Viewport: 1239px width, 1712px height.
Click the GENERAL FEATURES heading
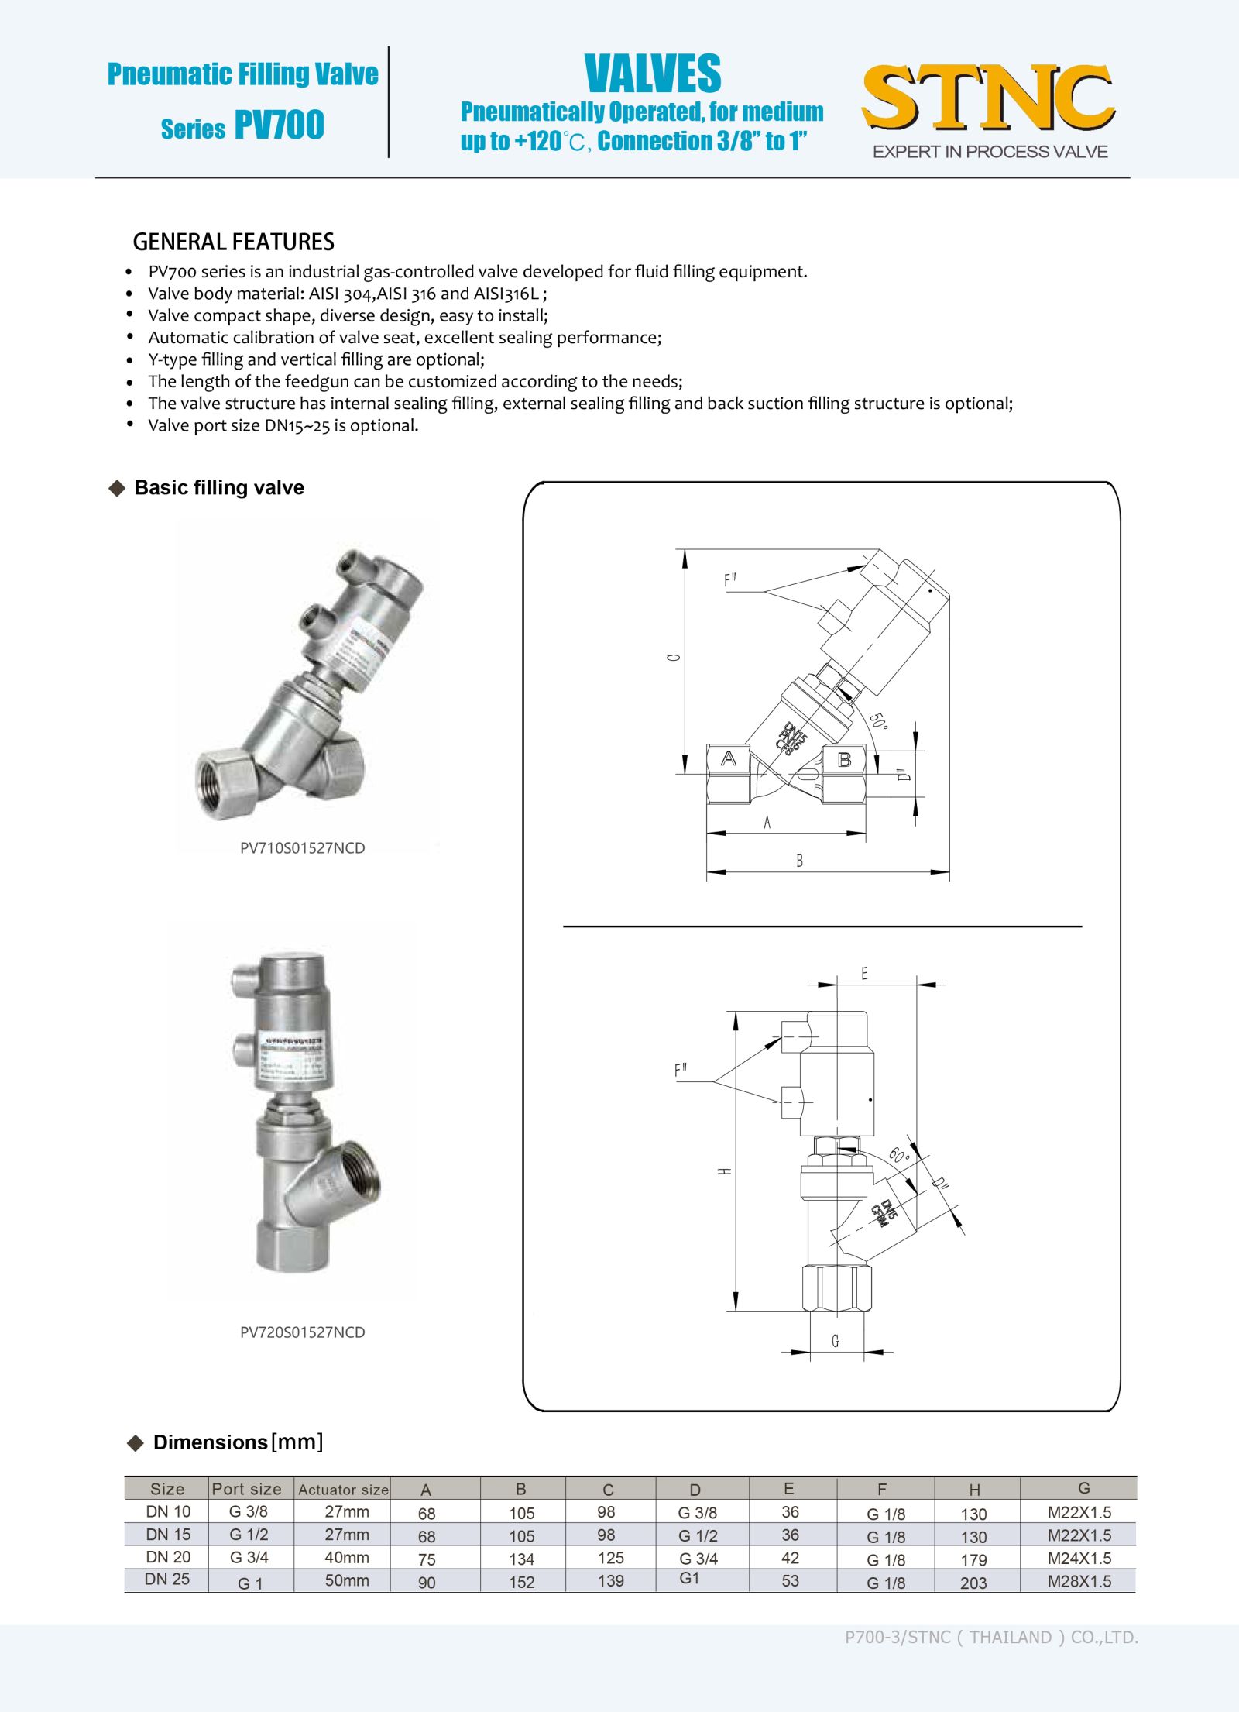click(233, 242)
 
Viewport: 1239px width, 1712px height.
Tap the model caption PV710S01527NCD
click(302, 847)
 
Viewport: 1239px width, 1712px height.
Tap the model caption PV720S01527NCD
click(302, 1332)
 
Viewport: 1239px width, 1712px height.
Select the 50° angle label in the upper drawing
click(878, 720)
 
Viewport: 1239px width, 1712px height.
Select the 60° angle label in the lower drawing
click(898, 1156)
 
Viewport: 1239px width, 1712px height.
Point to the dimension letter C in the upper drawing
click(674, 658)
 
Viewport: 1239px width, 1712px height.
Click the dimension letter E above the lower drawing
click(864, 974)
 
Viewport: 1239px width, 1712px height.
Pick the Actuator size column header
click(343, 1489)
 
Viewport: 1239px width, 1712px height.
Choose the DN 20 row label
click(168, 1557)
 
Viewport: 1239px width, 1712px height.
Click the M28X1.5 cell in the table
click(1079, 1581)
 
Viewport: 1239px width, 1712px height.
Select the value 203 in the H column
click(973, 1583)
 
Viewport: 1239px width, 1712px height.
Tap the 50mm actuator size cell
click(346, 1580)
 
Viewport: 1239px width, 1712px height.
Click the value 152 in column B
click(522, 1582)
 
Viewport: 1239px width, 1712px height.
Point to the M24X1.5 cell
click(1079, 1558)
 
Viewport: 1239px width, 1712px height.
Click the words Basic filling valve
click(219, 487)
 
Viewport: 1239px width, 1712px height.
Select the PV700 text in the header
click(279, 125)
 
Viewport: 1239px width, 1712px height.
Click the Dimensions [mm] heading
click(238, 1442)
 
